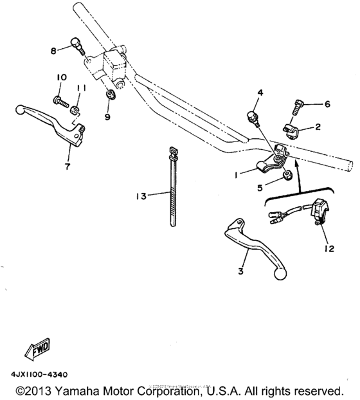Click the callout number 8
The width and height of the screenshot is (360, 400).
55,50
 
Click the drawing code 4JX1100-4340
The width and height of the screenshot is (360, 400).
40,374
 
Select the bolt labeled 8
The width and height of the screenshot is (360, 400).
75,46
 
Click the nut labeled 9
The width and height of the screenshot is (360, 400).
110,96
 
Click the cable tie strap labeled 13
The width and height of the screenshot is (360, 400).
173,186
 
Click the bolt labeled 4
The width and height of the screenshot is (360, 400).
253,117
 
